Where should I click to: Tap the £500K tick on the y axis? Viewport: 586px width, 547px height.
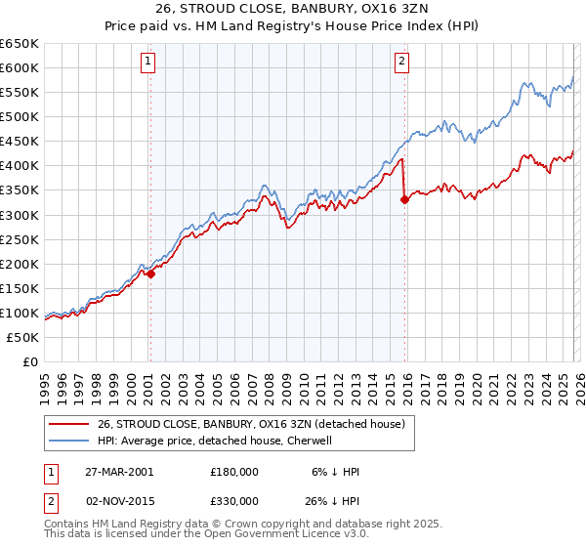20,117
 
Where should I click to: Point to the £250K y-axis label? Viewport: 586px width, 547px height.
20,239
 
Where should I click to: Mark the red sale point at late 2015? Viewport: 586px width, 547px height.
404,199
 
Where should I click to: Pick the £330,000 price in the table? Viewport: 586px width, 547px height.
234,501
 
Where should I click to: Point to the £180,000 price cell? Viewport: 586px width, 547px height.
234,472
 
